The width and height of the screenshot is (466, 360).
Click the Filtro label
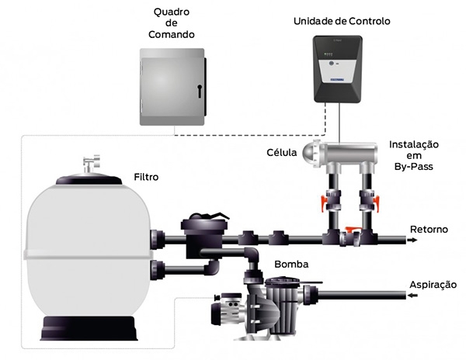pyautogui.click(x=146, y=177)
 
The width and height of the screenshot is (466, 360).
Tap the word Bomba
pyautogui.click(x=291, y=264)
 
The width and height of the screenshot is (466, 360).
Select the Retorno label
pyautogui.click(x=429, y=230)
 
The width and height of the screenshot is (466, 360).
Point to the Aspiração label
pyautogui.click(x=433, y=285)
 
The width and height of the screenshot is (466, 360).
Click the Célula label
pyautogui.click(x=281, y=152)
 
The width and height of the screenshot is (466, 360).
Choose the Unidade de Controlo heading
pyautogui.click(x=342, y=22)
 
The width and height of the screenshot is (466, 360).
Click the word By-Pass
pyautogui.click(x=414, y=167)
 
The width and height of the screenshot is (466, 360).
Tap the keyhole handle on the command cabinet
pyautogui.click(x=200, y=92)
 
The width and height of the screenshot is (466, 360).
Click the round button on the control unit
pyautogui.click(x=331, y=63)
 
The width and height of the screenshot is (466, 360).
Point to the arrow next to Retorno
pyautogui.click(x=412, y=240)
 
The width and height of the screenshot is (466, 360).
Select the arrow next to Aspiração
pyautogui.click(x=413, y=296)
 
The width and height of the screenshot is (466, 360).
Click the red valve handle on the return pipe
pyautogui.click(x=353, y=229)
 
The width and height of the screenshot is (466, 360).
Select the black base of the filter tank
pyautogui.click(x=89, y=328)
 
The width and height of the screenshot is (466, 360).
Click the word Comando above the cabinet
pyautogui.click(x=172, y=34)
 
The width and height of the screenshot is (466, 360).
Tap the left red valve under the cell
pyautogui.click(x=324, y=202)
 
